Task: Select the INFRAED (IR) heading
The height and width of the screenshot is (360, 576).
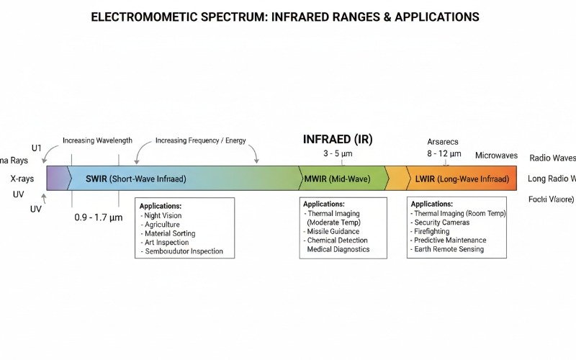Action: point(337,139)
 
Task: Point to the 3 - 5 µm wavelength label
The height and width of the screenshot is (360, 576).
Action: point(337,153)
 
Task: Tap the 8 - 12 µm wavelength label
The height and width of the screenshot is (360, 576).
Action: point(443,153)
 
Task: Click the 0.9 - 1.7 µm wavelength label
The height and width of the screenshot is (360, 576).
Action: point(99,216)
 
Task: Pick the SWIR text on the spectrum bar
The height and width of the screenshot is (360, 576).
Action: point(96,179)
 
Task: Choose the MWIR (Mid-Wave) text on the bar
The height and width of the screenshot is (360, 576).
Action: point(336,179)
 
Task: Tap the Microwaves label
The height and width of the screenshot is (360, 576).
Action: point(496,156)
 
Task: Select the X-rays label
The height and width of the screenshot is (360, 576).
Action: point(22,178)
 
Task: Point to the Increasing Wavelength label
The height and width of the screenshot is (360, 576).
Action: point(97,140)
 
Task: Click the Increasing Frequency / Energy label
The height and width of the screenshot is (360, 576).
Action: point(200,140)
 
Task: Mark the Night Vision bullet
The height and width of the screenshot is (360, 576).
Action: point(163,215)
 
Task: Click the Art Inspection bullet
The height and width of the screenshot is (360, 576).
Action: point(166,243)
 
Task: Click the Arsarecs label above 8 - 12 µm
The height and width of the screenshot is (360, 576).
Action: point(443,142)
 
